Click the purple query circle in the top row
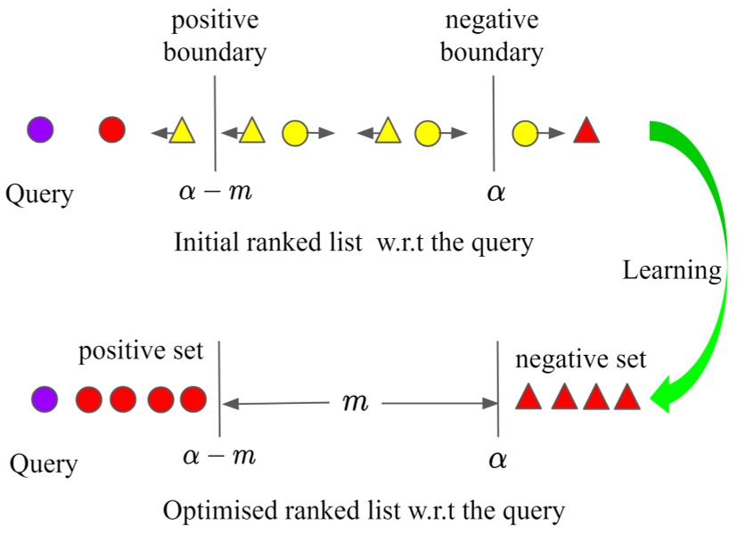pos(40,130)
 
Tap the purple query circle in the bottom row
pos(44,399)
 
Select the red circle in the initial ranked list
pos(112,130)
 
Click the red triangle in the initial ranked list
pos(586,131)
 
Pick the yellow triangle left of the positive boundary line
pos(182,131)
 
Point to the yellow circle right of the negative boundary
pos(525,134)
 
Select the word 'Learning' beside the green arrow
pos(672,270)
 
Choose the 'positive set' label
pos(141,350)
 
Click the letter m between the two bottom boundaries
pos(356,403)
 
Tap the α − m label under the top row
pos(217,191)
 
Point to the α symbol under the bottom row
pos(496,460)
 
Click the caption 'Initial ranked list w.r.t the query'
pos(354,242)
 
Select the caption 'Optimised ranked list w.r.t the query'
pos(364,511)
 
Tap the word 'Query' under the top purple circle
pos(39,194)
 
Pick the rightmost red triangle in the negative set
pos(627,397)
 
